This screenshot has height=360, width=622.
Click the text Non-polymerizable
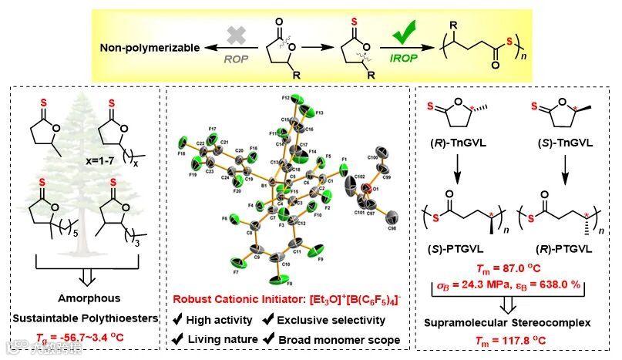point(146,48)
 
